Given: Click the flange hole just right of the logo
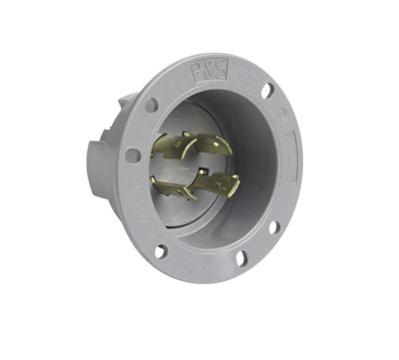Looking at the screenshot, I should click(x=266, y=91).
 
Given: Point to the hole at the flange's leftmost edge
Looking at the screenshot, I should click(x=132, y=156).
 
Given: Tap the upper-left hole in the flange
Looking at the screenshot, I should click(x=151, y=104).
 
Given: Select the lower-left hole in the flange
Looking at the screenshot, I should click(x=160, y=250).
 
